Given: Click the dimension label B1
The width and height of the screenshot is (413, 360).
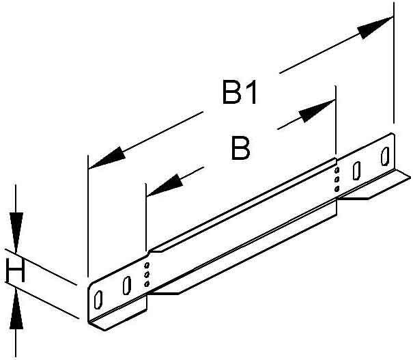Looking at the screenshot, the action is coord(239,93).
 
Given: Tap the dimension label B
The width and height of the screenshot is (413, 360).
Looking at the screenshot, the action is coord(240,148).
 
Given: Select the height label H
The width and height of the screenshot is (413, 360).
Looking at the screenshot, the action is coord(15,270).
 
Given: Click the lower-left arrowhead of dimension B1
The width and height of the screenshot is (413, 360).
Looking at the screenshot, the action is coord(106,158).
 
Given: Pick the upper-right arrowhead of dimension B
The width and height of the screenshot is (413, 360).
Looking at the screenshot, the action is coord(317,111).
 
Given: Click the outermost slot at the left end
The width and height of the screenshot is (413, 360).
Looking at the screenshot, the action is coord(98,299).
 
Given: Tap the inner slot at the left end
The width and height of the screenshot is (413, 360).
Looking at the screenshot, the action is coord(127,285).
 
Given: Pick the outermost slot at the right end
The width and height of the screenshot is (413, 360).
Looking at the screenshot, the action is coord(385,156).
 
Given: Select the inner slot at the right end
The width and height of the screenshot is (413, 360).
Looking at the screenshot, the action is coord(356,171).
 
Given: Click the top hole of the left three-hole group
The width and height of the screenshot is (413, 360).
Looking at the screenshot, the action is coord(147,265).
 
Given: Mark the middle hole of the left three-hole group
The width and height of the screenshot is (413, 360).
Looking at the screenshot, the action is coord(147,275).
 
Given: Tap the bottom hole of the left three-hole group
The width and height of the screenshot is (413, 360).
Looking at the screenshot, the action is coord(147,284).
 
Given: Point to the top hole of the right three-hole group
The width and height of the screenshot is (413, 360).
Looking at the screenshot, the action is coord(337,170).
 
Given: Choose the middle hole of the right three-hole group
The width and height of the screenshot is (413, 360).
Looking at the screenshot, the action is coord(337,180).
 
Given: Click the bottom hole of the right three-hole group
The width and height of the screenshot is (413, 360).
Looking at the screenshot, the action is coord(337,189).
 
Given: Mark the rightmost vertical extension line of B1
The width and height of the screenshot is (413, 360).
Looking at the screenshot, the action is coord(394,63).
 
